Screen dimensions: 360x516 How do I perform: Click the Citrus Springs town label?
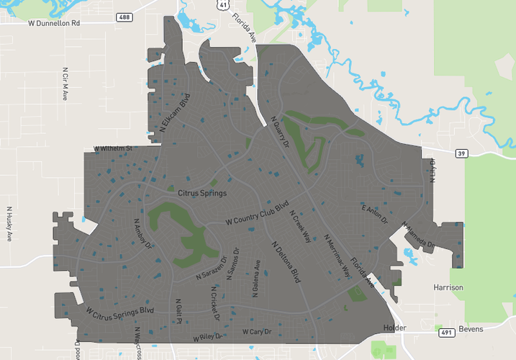202,194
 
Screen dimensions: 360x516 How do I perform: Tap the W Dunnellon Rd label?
54,23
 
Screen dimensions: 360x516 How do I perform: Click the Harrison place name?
448,287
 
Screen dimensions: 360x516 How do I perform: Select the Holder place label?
394,328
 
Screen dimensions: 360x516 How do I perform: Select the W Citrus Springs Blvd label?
120,311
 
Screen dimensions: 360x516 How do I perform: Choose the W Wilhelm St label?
114,149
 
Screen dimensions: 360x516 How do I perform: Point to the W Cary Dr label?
257,331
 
